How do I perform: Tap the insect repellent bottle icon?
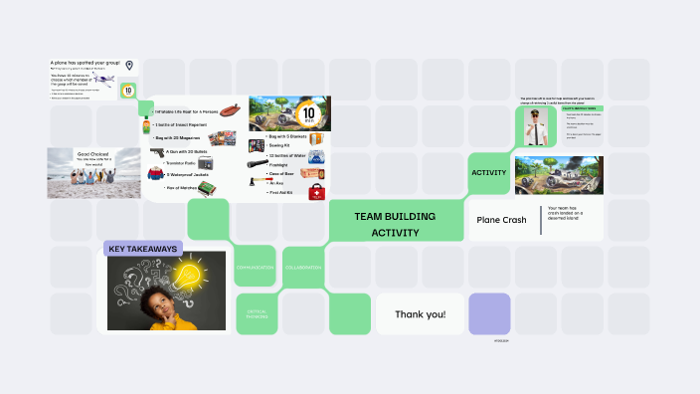(x=146, y=125)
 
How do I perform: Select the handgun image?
(x=157, y=152)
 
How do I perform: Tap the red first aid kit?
(x=317, y=190)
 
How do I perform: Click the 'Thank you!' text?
(x=421, y=314)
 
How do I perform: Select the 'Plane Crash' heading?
(x=501, y=220)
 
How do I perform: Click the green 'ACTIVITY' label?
(x=489, y=173)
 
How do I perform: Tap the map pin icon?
(x=129, y=65)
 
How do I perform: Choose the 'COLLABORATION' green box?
(x=303, y=269)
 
